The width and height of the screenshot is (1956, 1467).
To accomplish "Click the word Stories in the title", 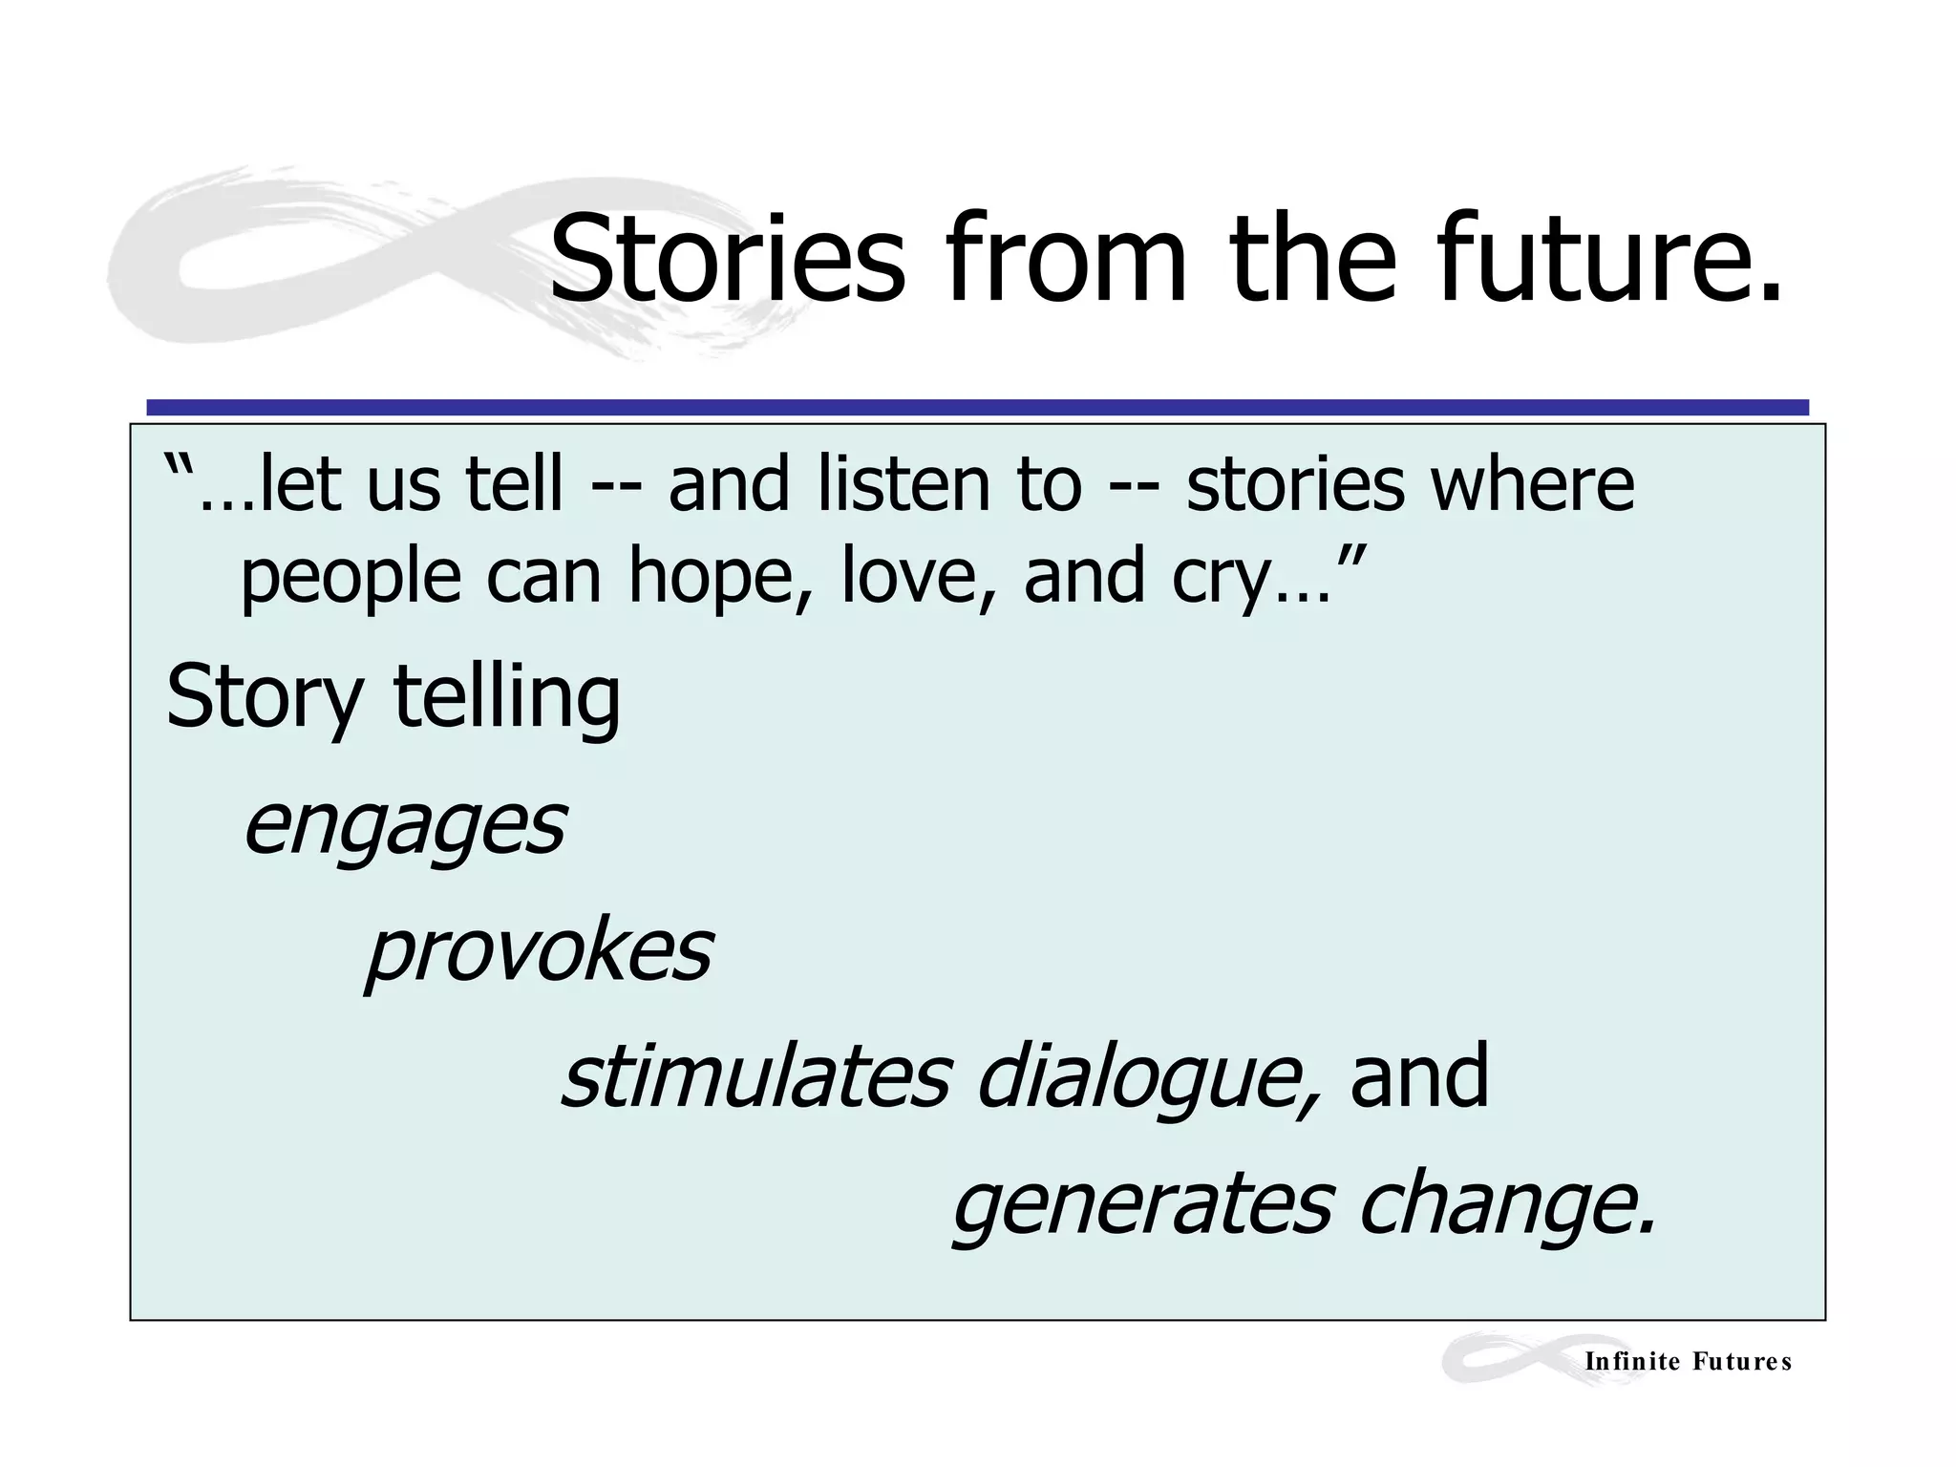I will click(726, 260).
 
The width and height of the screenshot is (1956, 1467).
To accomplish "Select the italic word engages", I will click(405, 827).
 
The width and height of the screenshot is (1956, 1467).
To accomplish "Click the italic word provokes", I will click(540, 953).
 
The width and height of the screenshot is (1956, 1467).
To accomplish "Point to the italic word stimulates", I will click(755, 1077).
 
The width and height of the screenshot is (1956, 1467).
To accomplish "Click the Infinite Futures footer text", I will click(1688, 1362).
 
